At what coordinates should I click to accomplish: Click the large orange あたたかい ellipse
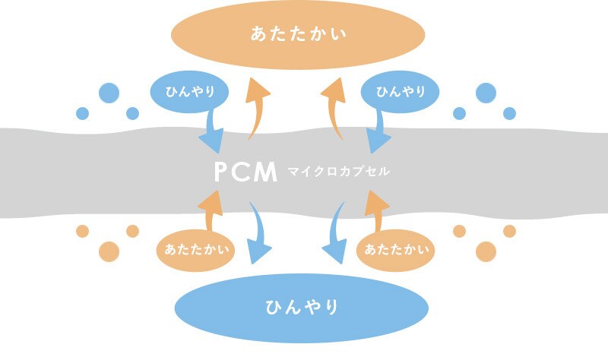(298, 35)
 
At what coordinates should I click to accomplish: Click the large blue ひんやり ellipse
(301, 308)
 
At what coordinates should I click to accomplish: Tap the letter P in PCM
(222, 172)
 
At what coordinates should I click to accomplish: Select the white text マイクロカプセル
(338, 171)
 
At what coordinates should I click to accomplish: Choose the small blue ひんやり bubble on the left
(189, 92)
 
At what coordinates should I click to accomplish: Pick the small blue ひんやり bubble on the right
(400, 92)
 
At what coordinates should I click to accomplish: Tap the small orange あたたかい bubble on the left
(195, 251)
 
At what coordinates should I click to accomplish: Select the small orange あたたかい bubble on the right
(395, 251)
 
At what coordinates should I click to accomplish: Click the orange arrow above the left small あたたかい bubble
(211, 211)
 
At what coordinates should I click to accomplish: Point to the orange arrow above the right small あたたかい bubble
(377, 211)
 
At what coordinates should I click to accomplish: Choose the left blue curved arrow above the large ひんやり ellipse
(260, 232)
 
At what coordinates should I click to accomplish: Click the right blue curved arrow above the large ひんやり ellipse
(335, 232)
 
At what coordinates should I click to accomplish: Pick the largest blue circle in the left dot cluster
(109, 93)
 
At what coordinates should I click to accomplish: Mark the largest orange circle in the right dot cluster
(486, 251)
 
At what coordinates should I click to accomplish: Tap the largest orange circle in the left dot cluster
(109, 251)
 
